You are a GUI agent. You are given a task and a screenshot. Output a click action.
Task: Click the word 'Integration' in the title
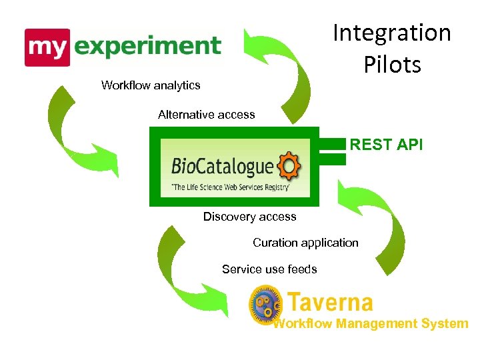pos(392,33)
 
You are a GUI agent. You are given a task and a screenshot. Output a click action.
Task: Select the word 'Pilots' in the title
pos(392,65)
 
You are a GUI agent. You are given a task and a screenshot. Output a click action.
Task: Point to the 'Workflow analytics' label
pos(151,85)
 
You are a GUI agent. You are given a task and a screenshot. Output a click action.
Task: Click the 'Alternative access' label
pos(206,115)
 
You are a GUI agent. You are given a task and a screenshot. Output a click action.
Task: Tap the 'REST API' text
pos(386,145)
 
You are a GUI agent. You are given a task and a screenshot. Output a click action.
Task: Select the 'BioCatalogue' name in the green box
pos(222,166)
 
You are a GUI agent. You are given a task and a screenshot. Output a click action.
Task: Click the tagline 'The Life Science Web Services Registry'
pos(230,187)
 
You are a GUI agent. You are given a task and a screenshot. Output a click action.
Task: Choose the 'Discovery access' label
pos(249,217)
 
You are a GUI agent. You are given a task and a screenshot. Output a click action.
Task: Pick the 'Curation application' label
pos(305,243)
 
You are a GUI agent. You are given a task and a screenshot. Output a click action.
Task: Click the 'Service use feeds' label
pos(269,269)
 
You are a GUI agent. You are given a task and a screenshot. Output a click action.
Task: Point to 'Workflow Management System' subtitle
pos(371,324)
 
